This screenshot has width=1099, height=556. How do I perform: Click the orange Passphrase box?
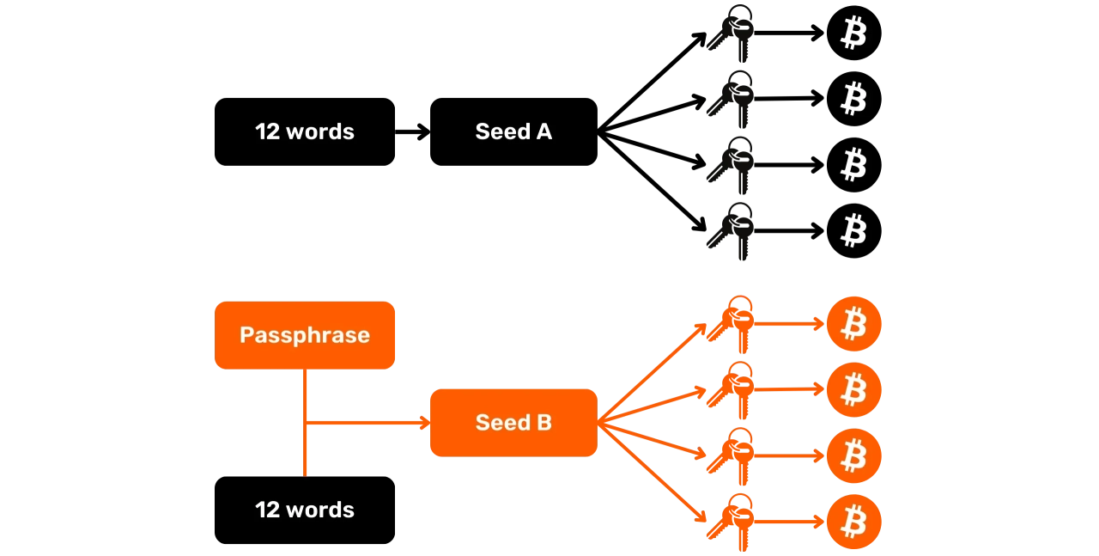pyautogui.click(x=305, y=335)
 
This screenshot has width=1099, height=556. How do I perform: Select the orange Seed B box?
pyautogui.click(x=513, y=422)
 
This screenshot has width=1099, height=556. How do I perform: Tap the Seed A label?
pyautogui.click(x=513, y=131)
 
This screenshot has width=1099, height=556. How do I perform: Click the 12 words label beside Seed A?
pyautogui.click(x=305, y=131)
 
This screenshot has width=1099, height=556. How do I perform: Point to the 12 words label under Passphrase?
pyautogui.click(x=305, y=510)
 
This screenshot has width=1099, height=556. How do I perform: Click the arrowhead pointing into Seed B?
pyautogui.click(x=422, y=422)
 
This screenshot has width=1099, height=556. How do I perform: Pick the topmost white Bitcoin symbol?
pyautogui.click(x=853, y=34)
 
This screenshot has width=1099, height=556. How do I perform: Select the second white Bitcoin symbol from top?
pyautogui.click(x=853, y=99)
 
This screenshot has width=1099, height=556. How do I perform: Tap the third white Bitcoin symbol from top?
pyautogui.click(x=853, y=164)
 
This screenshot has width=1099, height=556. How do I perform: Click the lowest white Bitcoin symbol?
pyautogui.click(x=853, y=230)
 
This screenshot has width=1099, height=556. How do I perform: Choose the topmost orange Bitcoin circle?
pyautogui.click(x=853, y=324)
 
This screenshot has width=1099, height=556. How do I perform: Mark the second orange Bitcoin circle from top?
pyautogui.click(x=853, y=390)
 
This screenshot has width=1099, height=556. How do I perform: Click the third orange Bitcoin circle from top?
pyautogui.click(x=853, y=455)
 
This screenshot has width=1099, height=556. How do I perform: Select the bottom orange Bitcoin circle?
pyautogui.click(x=853, y=522)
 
